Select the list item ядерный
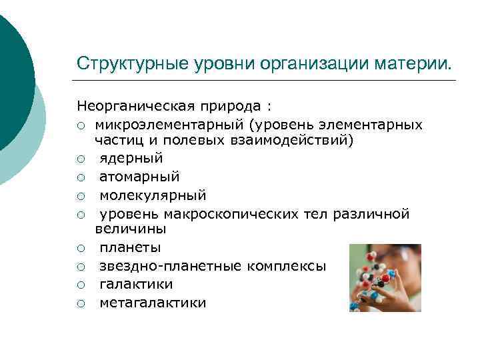coord(131,158)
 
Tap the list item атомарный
coord(139,177)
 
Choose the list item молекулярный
coord(153,195)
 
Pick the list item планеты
coord(130,247)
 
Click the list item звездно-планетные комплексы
coord(213,266)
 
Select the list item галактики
coord(136,285)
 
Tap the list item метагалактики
coord(153,303)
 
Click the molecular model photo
coord(385,278)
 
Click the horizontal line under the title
coord(267,81)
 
